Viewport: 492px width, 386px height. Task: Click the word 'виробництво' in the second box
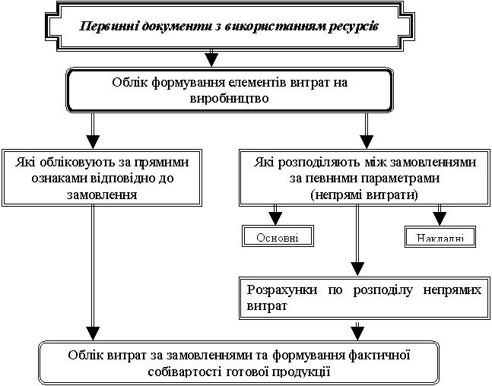(x=229, y=98)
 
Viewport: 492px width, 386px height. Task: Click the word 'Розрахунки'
(x=278, y=289)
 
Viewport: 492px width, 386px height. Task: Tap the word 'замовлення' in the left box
(x=91, y=193)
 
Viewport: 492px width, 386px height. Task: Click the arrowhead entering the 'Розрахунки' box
(x=357, y=269)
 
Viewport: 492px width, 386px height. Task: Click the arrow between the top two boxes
(x=213, y=59)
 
